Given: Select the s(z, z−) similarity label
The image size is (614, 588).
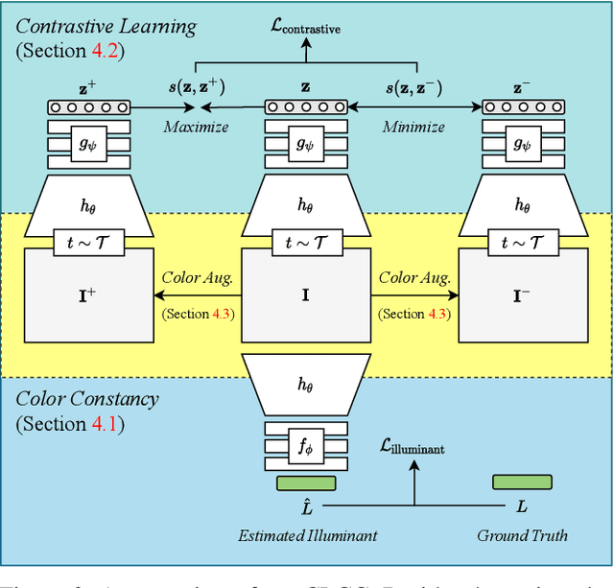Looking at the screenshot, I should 415,88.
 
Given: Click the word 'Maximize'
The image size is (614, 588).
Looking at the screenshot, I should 196,127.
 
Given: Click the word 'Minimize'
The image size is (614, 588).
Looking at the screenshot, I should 413,127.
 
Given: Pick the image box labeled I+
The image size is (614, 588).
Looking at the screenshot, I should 87,294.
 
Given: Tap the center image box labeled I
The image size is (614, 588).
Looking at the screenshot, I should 305,294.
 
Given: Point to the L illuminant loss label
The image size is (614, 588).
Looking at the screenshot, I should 414,446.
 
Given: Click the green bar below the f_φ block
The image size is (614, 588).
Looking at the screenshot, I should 305,482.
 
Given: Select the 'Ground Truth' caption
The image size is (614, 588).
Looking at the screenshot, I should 522,535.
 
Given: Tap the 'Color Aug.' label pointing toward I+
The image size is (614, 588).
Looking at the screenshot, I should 197,277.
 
